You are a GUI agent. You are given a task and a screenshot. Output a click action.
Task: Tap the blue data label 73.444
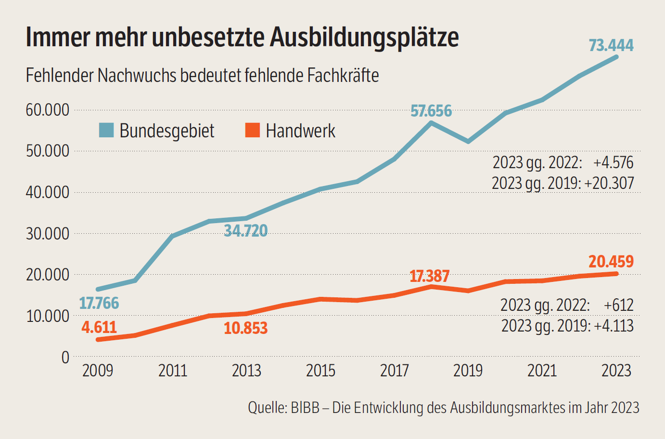(611, 45)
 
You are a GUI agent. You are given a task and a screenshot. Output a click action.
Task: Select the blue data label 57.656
(431, 111)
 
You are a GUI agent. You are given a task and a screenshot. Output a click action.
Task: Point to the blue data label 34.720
(245, 231)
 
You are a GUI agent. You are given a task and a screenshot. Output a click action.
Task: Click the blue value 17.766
(99, 303)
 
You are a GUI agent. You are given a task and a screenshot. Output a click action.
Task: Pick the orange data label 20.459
(611, 262)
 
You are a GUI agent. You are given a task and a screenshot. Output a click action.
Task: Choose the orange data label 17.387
(429, 276)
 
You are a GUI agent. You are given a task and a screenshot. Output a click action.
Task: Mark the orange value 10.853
(245, 328)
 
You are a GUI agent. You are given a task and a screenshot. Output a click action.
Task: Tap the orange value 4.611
(99, 328)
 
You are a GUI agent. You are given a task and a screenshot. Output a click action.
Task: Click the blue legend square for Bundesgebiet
(106, 130)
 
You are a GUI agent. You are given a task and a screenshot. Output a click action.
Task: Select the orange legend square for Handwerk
(253, 130)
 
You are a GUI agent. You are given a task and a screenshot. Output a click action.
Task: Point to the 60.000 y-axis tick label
(48, 110)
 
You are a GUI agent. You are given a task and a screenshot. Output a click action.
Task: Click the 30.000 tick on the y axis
(48, 234)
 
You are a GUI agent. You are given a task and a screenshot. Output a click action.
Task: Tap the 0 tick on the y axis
(65, 358)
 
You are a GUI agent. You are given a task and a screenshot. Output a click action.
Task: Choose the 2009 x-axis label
(98, 371)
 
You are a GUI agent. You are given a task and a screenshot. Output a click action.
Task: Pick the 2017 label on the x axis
(394, 371)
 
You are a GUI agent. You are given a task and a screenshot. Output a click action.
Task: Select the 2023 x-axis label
(616, 371)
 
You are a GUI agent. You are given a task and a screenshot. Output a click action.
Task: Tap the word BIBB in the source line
(305, 408)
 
